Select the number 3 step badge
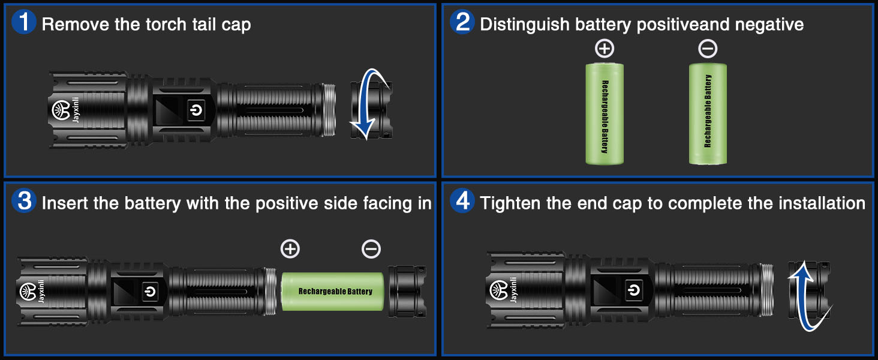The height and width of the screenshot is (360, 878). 24,202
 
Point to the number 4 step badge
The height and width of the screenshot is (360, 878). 462,202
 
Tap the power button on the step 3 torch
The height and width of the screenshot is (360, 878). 149,291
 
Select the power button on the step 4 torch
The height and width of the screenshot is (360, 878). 633,291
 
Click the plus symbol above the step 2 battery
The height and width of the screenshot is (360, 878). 605,48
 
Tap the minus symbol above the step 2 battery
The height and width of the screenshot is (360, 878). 708,48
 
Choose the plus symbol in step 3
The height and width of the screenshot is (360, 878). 290,248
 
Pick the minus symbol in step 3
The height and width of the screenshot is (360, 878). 371,248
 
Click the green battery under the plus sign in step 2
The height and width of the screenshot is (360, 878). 605,113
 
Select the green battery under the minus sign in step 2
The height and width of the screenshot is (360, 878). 708,113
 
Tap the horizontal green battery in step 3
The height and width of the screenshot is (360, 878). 333,291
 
